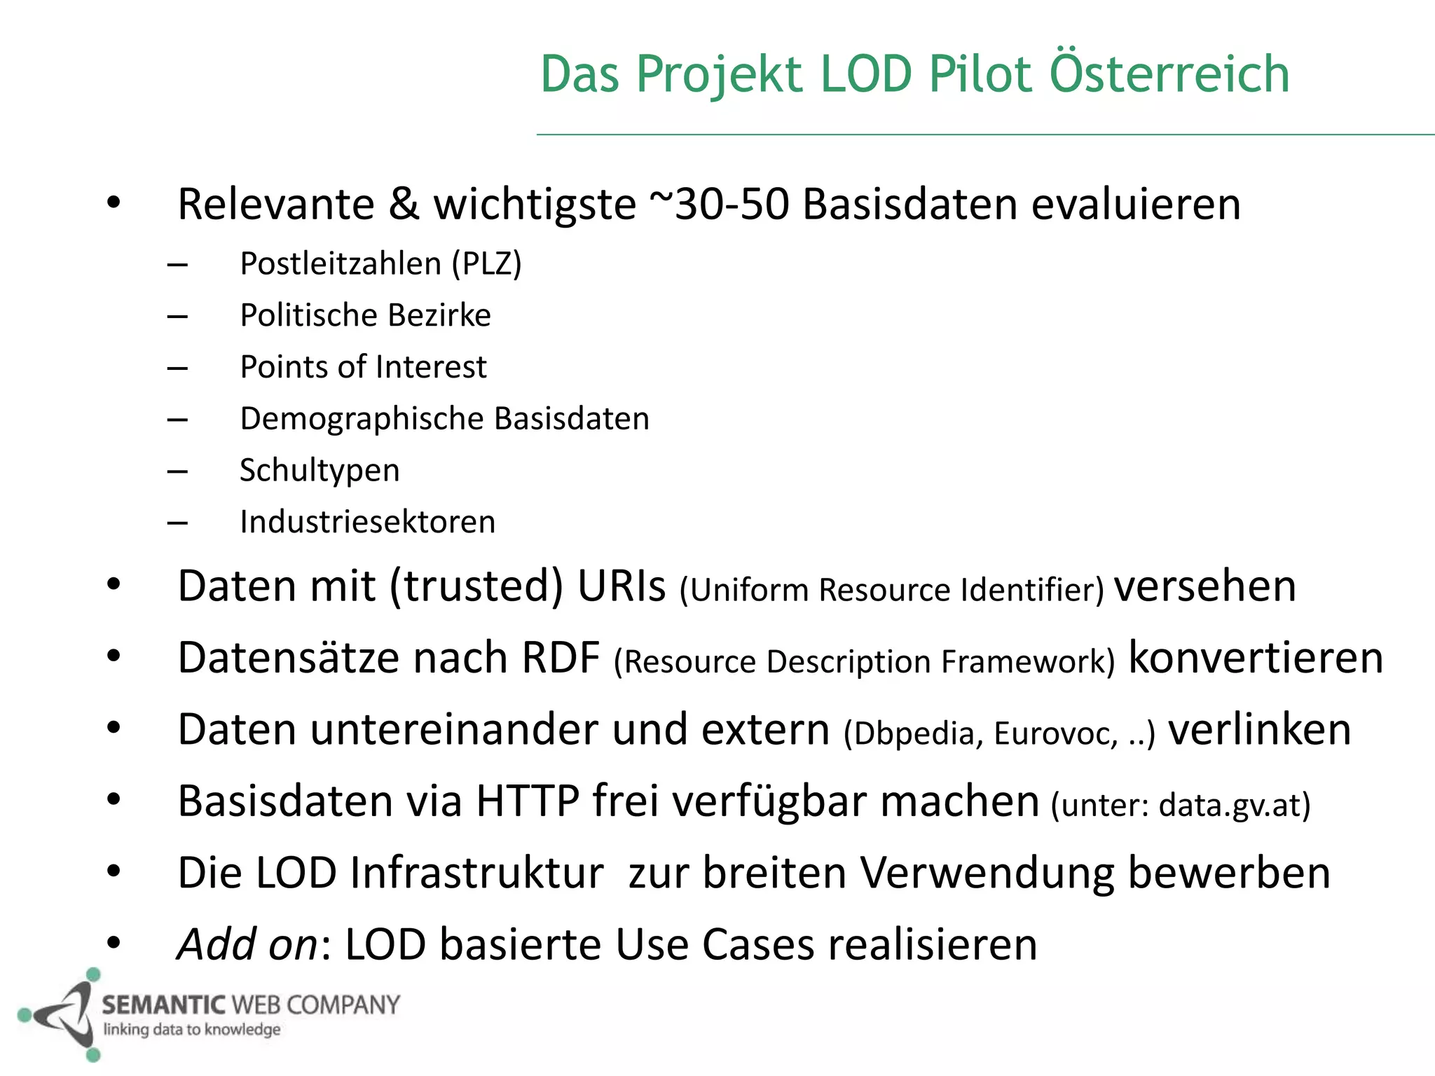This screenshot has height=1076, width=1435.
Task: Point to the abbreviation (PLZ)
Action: tap(486, 264)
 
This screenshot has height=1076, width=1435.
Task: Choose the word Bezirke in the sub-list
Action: tap(439, 315)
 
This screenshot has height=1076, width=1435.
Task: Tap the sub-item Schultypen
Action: tap(320, 470)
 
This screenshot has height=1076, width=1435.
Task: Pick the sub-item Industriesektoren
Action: tap(367, 522)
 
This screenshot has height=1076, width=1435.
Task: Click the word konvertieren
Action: tap(1256, 658)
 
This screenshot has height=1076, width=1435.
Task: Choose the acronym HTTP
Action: tap(528, 801)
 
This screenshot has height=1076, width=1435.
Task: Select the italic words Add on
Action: tap(248, 944)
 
